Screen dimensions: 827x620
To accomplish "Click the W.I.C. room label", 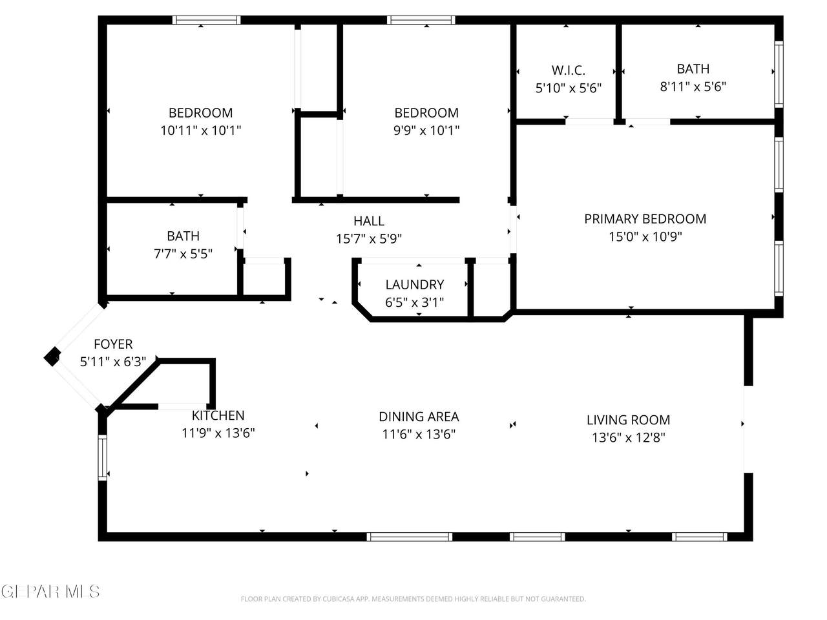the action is point(568,70).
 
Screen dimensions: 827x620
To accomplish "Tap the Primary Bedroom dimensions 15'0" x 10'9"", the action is point(645,236).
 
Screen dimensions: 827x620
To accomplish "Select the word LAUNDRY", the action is point(414,284).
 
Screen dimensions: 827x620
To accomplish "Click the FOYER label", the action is point(113,344).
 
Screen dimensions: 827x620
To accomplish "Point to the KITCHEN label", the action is point(218,415).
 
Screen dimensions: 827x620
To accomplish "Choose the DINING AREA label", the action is point(419,417).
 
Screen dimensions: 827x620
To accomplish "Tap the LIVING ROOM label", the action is point(628,419).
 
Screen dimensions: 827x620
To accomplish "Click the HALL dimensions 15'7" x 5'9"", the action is point(369,238).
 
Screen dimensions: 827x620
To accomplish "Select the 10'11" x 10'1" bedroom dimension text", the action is point(200,130).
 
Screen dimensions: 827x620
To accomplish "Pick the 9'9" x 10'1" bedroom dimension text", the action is point(426,130).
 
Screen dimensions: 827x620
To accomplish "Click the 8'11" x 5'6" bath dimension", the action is point(693,87).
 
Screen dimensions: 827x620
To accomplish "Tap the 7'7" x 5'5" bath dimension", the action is point(183,254).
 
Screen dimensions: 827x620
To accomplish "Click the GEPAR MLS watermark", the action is point(50,592).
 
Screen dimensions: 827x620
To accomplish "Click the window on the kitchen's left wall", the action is point(103,457).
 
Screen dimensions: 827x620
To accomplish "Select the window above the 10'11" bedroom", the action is point(207,20).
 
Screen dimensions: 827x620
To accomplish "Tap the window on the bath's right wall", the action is point(779,74).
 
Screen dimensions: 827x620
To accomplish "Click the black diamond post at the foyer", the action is point(52,356).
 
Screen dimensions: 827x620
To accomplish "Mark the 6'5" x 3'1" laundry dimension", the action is point(414,302).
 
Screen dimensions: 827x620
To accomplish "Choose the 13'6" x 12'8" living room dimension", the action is point(628,437).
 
